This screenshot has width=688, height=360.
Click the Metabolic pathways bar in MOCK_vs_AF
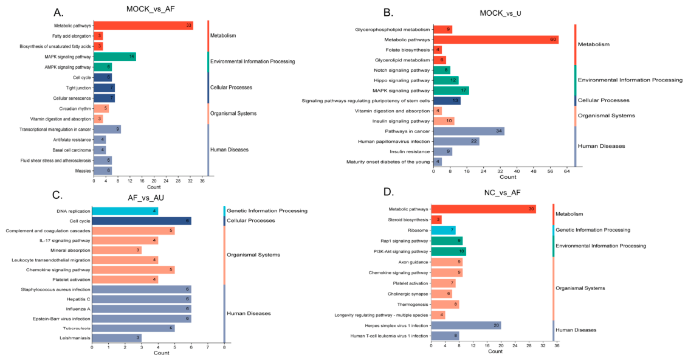click(x=143, y=26)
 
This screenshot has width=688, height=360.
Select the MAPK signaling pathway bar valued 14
click(x=115, y=57)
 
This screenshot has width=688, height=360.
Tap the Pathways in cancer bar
click(x=469, y=131)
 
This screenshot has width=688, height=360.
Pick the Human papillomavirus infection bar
click(x=456, y=141)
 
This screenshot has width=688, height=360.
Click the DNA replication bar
click(x=125, y=211)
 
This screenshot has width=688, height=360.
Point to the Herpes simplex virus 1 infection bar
click(x=466, y=326)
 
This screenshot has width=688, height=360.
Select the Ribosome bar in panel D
click(x=444, y=230)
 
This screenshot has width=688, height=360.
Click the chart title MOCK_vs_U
click(x=500, y=13)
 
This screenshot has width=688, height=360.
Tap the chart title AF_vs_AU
click(x=146, y=198)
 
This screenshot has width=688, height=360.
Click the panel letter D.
click(x=388, y=192)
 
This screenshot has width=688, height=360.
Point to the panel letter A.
click(x=58, y=12)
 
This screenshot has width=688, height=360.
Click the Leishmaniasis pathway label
click(x=75, y=338)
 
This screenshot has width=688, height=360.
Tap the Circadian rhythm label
click(x=75, y=108)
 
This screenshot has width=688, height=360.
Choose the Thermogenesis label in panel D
click(x=413, y=304)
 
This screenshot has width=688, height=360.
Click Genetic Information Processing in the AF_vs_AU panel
click(x=267, y=211)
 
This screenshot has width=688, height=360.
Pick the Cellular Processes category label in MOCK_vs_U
click(x=604, y=100)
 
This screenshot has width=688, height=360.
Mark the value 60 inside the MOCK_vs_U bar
click(x=553, y=40)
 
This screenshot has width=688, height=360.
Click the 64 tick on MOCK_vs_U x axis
click(x=567, y=171)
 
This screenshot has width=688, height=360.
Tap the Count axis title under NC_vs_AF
click(x=495, y=351)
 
